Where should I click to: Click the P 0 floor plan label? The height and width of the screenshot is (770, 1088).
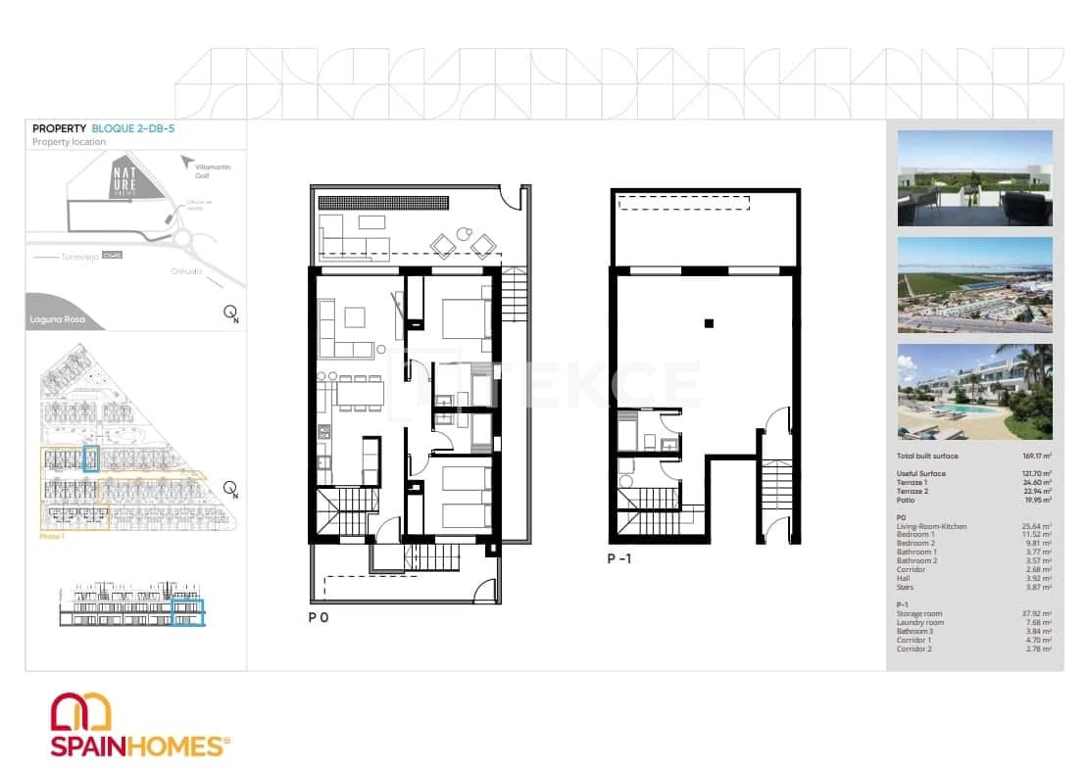pyautogui.click(x=317, y=618)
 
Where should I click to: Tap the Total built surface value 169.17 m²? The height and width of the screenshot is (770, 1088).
pyautogui.click(x=1037, y=457)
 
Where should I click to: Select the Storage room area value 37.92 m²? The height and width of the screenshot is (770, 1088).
pyautogui.click(x=1037, y=614)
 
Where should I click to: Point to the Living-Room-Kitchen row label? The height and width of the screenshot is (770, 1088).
pyautogui.click(x=931, y=527)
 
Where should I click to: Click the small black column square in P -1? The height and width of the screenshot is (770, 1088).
pyautogui.click(x=710, y=322)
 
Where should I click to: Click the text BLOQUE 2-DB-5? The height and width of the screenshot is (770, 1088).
pyautogui.click(x=132, y=128)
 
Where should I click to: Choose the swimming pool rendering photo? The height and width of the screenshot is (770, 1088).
pyautogui.click(x=974, y=391)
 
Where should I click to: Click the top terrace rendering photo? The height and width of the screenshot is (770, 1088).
pyautogui.click(x=974, y=177)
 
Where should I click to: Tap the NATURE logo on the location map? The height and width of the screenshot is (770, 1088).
pyautogui.click(x=124, y=176)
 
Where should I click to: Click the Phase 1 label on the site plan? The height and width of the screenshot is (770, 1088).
pyautogui.click(x=52, y=537)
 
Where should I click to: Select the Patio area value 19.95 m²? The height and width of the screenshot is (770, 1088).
pyautogui.click(x=1037, y=500)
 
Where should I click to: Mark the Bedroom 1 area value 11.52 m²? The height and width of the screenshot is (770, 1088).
pyautogui.click(x=1037, y=535)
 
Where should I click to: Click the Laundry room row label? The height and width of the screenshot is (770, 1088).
pyautogui.click(x=920, y=623)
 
